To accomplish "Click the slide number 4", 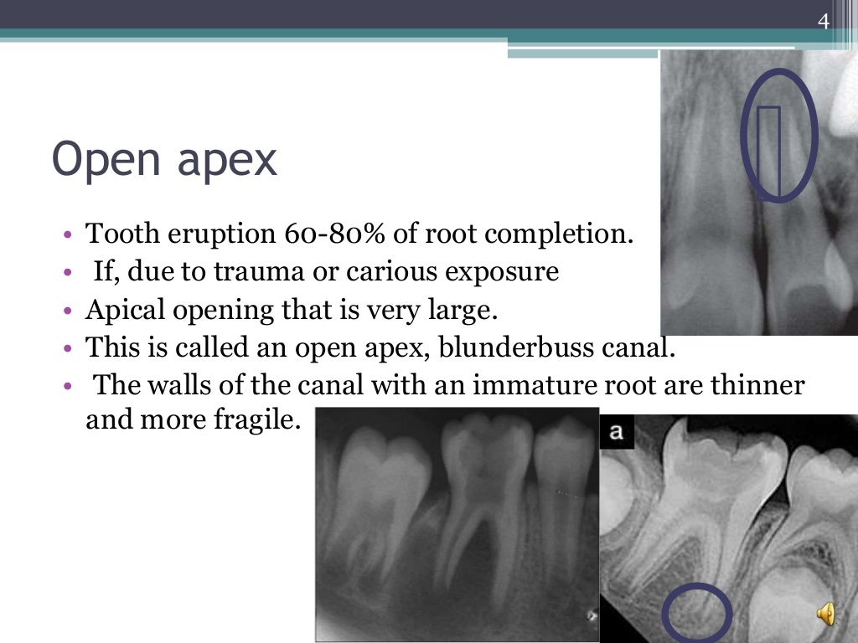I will click(x=824, y=22).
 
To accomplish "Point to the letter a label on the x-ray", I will click(x=617, y=432).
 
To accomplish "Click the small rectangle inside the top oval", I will click(x=769, y=150).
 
